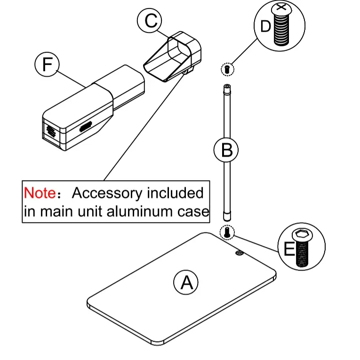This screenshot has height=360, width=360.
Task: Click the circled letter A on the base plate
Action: [186, 282]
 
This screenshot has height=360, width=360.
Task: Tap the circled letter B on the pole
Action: [226, 150]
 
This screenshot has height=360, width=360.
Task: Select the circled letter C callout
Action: [150, 20]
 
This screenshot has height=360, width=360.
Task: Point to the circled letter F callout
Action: [47, 64]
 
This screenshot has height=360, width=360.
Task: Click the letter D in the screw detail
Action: [265, 26]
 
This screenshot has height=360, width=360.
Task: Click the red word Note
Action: [40, 192]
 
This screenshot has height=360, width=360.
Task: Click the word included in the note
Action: [175, 192]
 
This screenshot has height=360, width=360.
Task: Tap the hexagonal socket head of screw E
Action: [303, 235]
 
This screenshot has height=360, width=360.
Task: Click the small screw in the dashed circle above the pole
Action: [227, 69]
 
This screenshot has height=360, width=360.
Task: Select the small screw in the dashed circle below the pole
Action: [227, 232]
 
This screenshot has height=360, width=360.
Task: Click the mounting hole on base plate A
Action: [240, 253]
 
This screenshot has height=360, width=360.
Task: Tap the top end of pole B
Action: [227, 86]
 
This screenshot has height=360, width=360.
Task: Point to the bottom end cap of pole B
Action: [227, 216]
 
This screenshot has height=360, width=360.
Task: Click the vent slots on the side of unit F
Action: [86, 127]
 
